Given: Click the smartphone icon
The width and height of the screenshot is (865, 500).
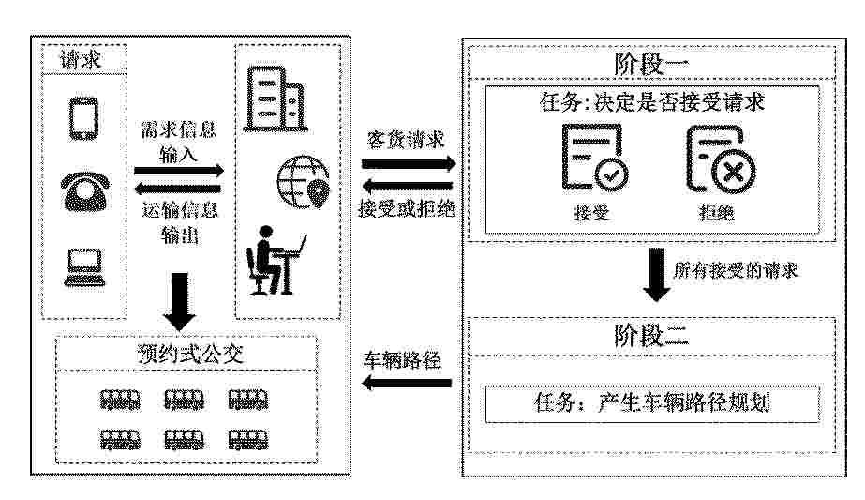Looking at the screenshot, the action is pos(83,119).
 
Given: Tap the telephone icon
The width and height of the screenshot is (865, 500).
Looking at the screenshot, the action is pos(85,191).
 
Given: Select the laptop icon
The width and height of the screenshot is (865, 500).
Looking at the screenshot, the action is pos(84,267).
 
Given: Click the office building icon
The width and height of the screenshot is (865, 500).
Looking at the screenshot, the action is pos(276,99).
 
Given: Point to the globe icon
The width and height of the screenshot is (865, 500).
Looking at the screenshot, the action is pos(303,182).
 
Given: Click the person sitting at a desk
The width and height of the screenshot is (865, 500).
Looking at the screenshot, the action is pos(276,260).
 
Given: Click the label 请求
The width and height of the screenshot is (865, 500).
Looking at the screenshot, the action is pos(82,59).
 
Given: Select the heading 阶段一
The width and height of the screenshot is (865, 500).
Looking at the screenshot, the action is pos(651,64).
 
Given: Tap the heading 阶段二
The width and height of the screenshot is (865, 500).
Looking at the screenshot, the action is pos(651,335).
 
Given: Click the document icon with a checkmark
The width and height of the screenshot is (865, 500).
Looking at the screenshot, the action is pos(595,158).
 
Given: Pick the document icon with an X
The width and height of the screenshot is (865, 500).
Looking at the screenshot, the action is pos(721,159).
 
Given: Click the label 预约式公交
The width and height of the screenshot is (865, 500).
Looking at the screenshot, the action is pos(190,355).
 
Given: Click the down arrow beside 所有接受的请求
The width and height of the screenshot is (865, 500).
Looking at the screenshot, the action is pos(656,275).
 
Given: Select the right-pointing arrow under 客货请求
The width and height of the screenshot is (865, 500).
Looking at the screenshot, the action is pos(409,163).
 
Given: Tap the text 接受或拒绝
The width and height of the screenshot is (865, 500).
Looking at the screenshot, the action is pos(407,208).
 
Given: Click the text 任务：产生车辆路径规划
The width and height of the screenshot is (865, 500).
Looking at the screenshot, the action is pos(651,402).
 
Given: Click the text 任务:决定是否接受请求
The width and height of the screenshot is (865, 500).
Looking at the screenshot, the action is pos(652,102).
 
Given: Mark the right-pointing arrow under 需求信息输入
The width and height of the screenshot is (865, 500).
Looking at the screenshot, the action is pos(179,171).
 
